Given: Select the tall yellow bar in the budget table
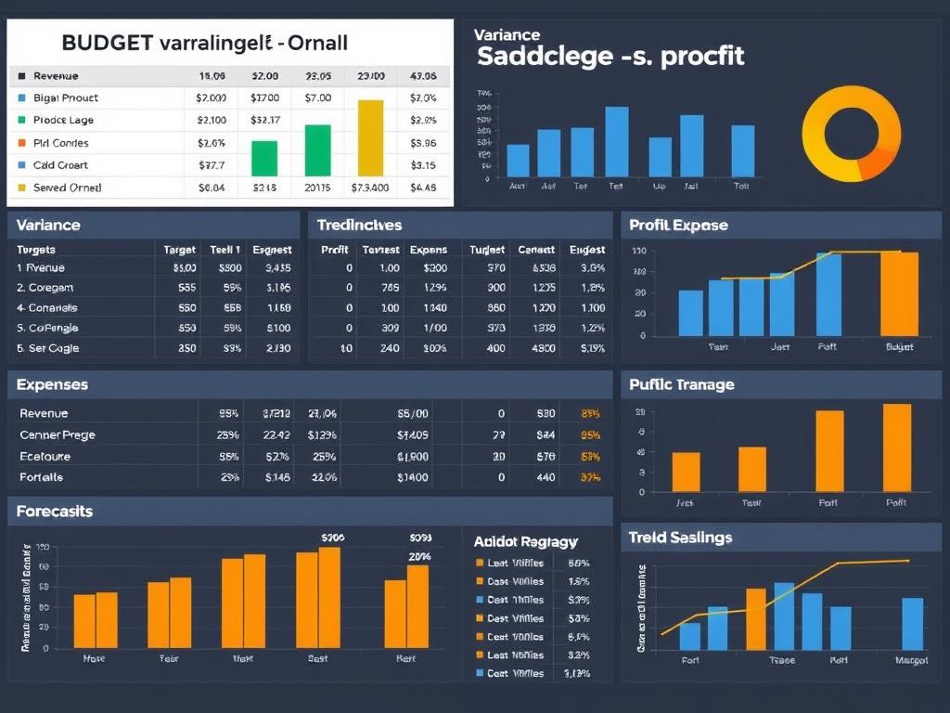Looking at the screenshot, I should [x=370, y=137].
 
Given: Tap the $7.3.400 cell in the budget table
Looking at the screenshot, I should [x=370, y=188].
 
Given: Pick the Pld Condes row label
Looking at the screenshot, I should [x=61, y=143].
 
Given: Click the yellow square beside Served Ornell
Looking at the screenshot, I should [x=22, y=188].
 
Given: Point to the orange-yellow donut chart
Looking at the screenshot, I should [x=851, y=135].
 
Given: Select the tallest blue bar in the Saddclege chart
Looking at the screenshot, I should [x=617, y=141].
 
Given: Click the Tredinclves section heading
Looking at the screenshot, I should [x=359, y=225].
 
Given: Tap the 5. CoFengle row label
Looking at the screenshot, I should [x=47, y=328].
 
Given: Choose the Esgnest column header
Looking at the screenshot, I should [x=271, y=250].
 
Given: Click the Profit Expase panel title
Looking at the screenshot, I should [x=678, y=225].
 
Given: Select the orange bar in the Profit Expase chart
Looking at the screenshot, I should [x=899, y=293].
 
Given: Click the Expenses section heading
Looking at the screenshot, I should [x=53, y=384].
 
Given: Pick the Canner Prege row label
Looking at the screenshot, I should [x=58, y=434].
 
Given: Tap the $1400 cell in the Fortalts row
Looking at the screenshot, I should [x=412, y=477].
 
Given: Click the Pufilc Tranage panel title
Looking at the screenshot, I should [x=681, y=384].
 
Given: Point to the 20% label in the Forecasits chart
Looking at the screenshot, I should [x=420, y=556].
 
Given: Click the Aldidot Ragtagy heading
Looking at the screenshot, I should [x=525, y=541].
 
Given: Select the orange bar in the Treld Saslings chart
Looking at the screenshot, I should [x=756, y=618].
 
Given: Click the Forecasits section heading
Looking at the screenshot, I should [x=55, y=512].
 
